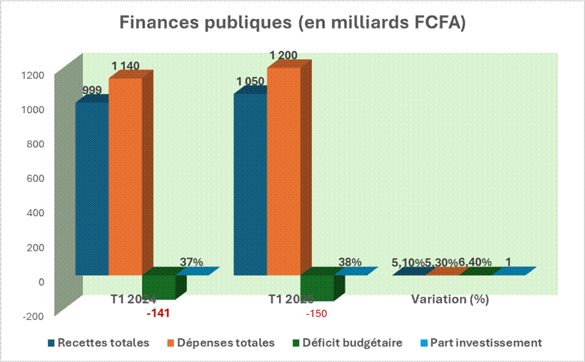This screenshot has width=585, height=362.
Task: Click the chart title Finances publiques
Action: tap(292, 23)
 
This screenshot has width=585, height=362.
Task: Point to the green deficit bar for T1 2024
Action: tap(159, 287)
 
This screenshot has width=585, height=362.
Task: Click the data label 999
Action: tap(92, 91)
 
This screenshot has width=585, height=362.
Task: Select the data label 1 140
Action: tap(126, 66)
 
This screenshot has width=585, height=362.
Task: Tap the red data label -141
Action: tap(158, 313)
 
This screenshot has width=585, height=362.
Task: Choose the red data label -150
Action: tap(317, 313)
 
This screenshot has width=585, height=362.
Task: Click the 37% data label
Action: tap(192, 262)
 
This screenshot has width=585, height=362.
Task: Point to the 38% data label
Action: tap(350, 262)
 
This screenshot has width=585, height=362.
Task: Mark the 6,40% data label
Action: tap(475, 263)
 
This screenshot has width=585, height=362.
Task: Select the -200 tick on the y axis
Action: tap(34, 316)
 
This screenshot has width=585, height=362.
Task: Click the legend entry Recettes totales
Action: tap(103, 343)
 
